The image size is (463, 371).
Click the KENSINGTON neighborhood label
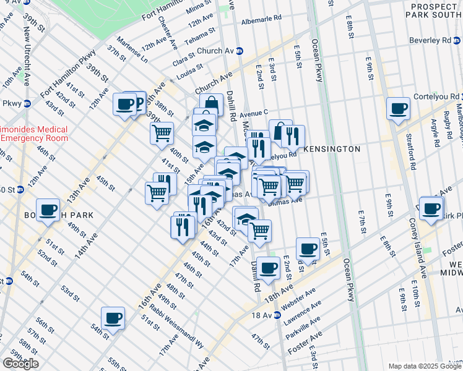pos(333,149)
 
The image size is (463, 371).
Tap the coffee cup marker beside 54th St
pos(113,318)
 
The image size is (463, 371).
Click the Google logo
pos(20,364)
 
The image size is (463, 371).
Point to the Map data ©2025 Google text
pos(425,366)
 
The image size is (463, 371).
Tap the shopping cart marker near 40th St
pos(162,132)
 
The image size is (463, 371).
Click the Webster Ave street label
pos(298,297)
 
